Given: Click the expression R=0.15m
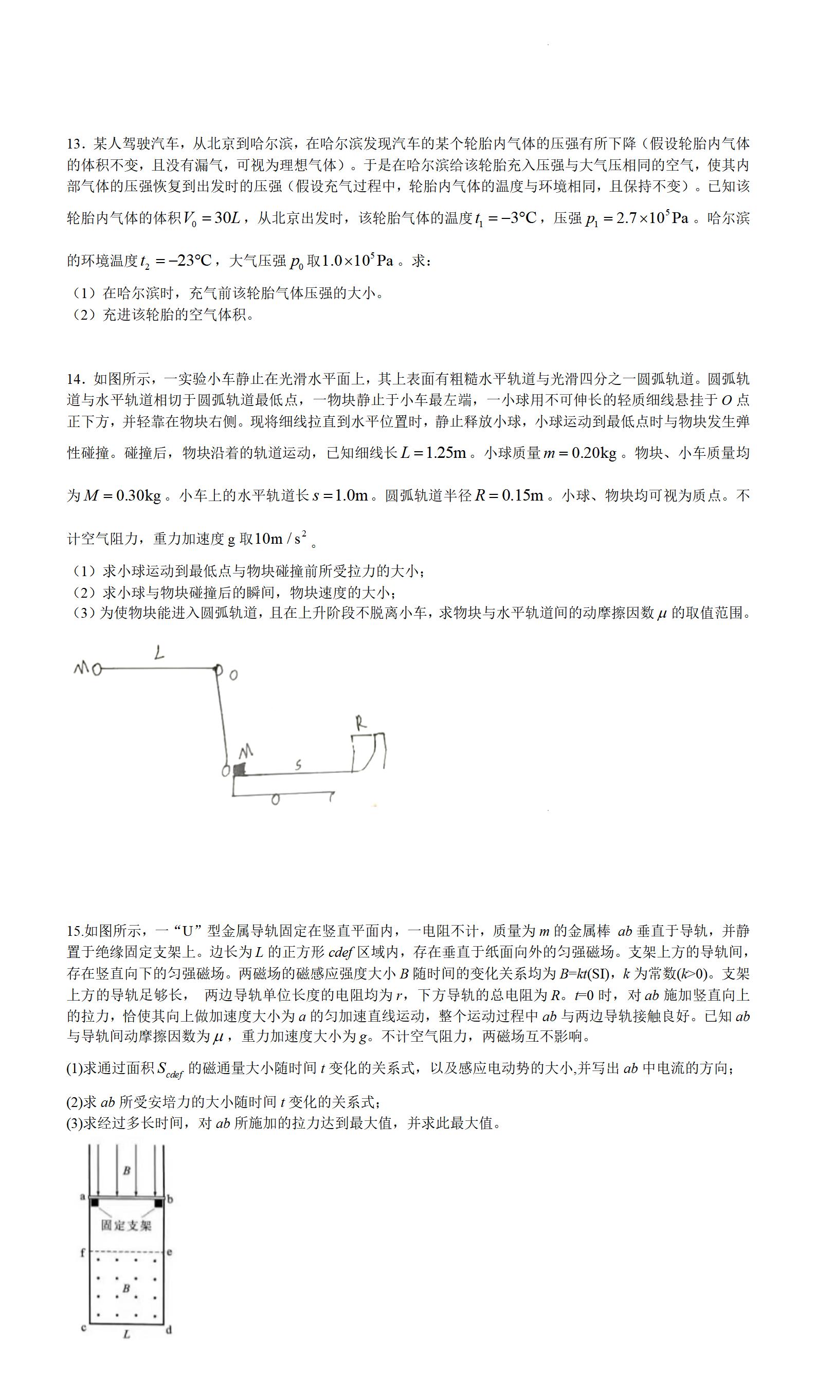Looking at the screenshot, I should click(x=509, y=495).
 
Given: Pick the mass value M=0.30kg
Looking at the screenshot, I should click(x=122, y=495).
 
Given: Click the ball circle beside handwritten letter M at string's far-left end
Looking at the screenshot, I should click(x=97, y=670).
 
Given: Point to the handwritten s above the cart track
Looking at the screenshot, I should click(x=298, y=765).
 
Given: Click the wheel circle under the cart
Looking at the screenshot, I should click(x=276, y=800).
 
